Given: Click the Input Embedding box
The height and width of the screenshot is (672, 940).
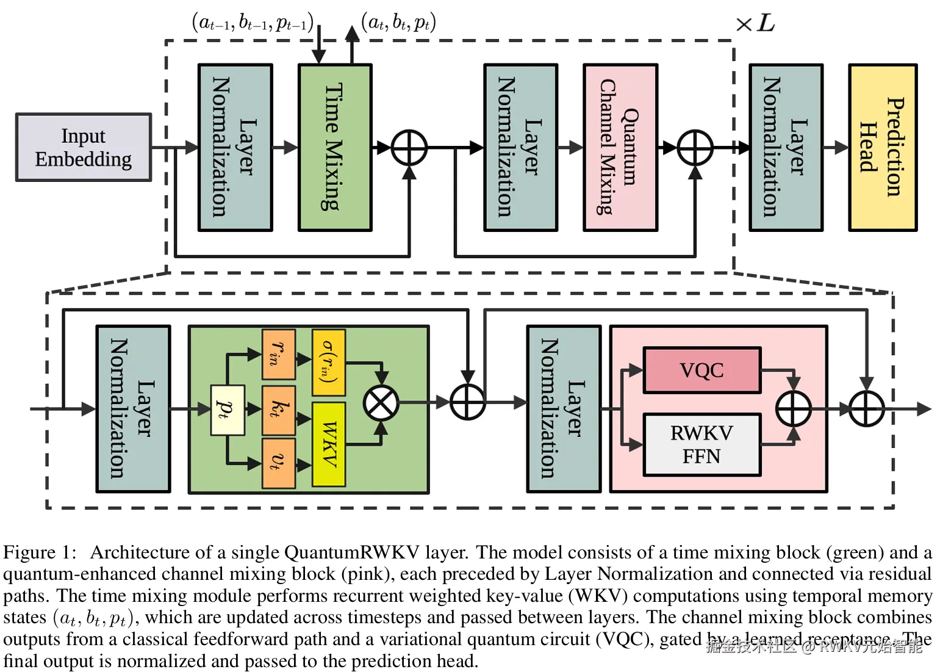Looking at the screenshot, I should (84, 147).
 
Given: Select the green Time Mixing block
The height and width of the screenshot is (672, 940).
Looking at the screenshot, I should (334, 147).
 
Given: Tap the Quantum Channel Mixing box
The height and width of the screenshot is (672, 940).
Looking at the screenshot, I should (620, 147).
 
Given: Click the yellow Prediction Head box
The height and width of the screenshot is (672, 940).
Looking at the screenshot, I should (882, 147).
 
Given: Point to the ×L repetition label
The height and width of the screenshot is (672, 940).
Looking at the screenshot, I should (755, 24).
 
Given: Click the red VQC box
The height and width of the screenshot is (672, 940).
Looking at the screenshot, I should (701, 370).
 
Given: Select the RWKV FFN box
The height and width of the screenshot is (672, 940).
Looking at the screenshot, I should (701, 444).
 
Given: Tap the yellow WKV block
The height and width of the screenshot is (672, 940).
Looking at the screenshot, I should (329, 444).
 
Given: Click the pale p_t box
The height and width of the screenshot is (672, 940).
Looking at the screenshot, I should (227, 410).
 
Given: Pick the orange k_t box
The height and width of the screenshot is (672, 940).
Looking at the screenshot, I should (278, 410).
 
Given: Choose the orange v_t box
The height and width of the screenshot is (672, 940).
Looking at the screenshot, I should (278, 463).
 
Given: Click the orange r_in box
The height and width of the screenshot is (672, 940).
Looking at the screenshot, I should (278, 355).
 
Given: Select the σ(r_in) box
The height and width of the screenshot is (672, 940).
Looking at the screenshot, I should (329, 362).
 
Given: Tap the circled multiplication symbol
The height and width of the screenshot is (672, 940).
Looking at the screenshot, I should (381, 403).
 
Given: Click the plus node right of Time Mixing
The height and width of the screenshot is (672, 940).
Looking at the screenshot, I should (409, 148).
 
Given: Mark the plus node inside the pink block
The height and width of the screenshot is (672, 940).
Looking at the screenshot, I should (793, 408).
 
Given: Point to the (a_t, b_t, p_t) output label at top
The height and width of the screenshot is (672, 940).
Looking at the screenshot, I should (398, 23).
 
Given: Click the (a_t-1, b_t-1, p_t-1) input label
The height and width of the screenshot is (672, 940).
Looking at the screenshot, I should (253, 23).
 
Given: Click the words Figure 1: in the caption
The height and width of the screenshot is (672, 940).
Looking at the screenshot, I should (40, 552).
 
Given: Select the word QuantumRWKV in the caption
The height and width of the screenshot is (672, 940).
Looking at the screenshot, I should (352, 552).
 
